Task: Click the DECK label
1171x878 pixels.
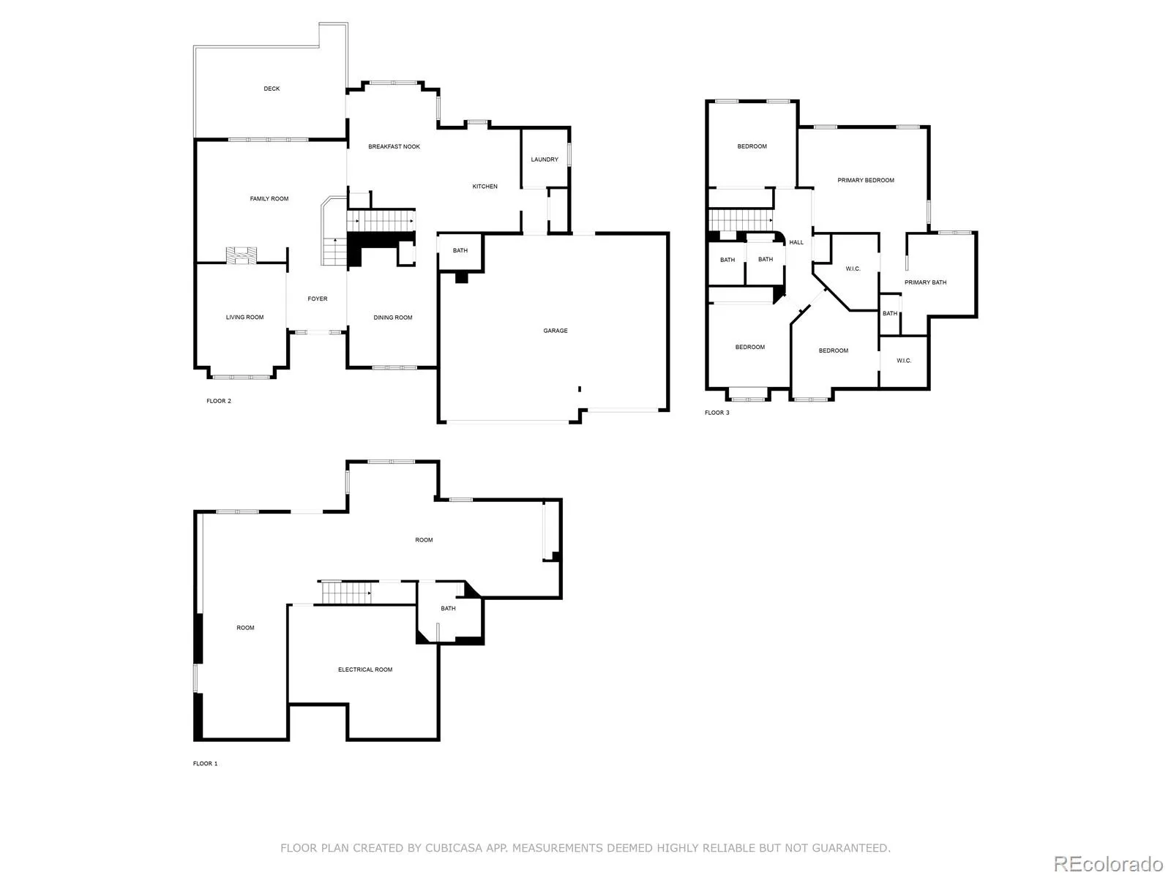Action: point(272,89)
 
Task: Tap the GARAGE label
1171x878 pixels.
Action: point(555,331)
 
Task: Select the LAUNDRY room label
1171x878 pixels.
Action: point(545,160)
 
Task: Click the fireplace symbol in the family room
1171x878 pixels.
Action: point(242,255)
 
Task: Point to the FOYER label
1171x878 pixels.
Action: point(317,299)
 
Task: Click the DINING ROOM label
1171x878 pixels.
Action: point(393,318)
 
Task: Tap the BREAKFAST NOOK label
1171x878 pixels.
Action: point(394,147)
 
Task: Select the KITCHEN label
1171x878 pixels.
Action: point(485,187)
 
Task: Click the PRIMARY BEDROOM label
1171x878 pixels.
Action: point(866,180)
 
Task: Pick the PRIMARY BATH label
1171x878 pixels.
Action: point(925,282)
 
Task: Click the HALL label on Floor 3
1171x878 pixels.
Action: point(796,242)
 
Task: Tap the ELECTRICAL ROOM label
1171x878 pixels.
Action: point(365,669)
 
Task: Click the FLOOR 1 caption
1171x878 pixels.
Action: point(205,764)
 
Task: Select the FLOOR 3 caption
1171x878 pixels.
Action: point(717,413)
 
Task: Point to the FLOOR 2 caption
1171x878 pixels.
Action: point(218,401)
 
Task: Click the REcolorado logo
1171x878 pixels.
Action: point(1108,863)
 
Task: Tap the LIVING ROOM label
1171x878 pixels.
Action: point(244,318)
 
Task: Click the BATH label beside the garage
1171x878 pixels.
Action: point(460,251)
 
